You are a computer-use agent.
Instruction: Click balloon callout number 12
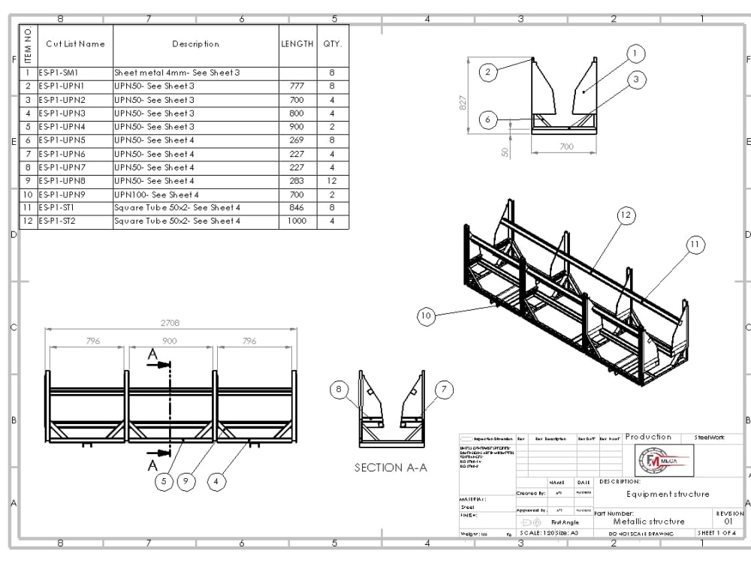pyautogui.click(x=626, y=215)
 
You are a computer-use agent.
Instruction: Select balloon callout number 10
pyautogui.click(x=427, y=316)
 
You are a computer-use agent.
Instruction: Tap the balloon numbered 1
pyautogui.click(x=635, y=53)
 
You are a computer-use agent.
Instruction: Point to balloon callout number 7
pyautogui.click(x=445, y=389)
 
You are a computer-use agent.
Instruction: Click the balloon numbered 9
pyautogui.click(x=187, y=481)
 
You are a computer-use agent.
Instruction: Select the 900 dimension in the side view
pyautogui.click(x=170, y=341)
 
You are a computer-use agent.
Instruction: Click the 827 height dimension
pyautogui.click(x=463, y=101)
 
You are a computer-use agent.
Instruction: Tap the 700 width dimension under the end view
pyautogui.click(x=566, y=146)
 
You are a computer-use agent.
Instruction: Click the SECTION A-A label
pyautogui.click(x=391, y=468)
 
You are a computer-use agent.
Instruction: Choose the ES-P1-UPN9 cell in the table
pyautogui.click(x=62, y=194)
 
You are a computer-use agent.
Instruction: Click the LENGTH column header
pyautogui.click(x=297, y=44)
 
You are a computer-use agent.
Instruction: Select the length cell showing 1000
pyautogui.click(x=297, y=221)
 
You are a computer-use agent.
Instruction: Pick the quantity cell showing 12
pyautogui.click(x=332, y=181)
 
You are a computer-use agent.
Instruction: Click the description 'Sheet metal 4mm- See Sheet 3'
pyautogui.click(x=176, y=73)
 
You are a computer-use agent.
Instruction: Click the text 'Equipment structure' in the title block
pyautogui.click(x=668, y=494)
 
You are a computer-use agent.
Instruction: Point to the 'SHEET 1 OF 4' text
pyautogui.click(x=720, y=533)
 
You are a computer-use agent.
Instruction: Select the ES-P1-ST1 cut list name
pyautogui.click(x=61, y=208)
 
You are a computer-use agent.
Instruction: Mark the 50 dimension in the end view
pyautogui.click(x=505, y=152)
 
